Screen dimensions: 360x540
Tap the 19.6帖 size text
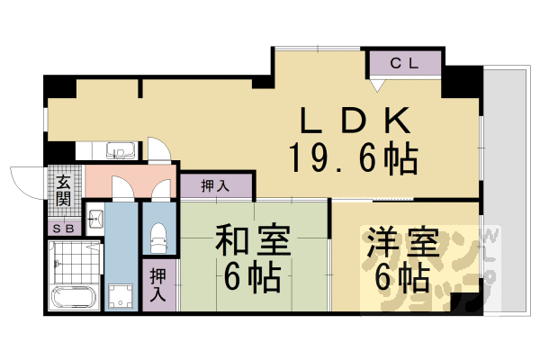[x=353, y=159]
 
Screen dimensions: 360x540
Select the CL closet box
[x=404, y=64]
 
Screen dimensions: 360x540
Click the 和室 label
[x=252, y=242]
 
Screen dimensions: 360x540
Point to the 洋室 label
[x=401, y=243]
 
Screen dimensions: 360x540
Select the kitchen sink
[x=120, y=151]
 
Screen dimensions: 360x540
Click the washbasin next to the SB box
[x=96, y=218]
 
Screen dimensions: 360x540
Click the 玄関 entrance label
[x=64, y=190]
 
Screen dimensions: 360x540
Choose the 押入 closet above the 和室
[x=214, y=186]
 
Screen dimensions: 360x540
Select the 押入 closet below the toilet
[x=158, y=285]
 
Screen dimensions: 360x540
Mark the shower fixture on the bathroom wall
[x=56, y=264]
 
